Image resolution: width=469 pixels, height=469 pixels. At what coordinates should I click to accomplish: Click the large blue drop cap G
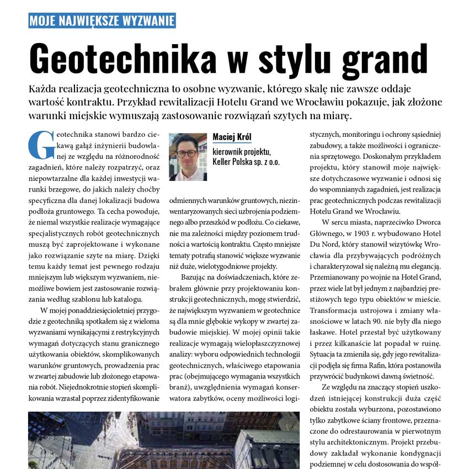[39, 144]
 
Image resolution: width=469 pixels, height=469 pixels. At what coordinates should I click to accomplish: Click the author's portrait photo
[188, 157]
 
